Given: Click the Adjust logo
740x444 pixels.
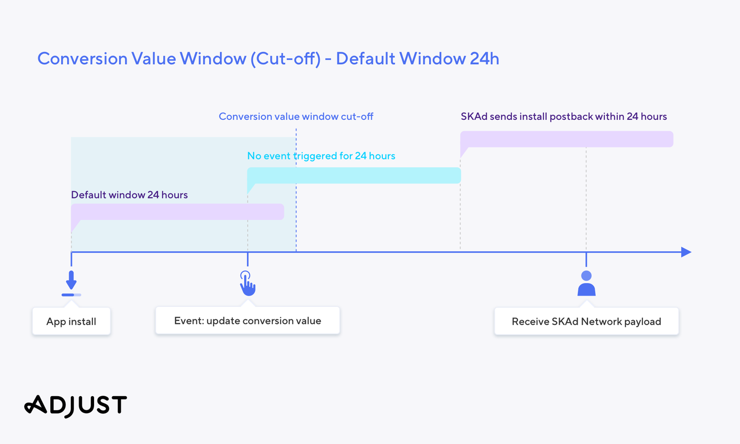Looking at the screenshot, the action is [x=76, y=405].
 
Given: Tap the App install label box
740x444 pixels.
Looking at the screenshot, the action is [x=71, y=321].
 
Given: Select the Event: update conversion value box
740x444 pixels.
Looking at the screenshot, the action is [x=248, y=321].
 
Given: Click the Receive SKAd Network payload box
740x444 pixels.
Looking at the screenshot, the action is [x=586, y=321].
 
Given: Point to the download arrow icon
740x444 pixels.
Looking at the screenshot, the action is [x=71, y=284].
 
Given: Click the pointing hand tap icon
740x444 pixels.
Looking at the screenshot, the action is [x=248, y=284].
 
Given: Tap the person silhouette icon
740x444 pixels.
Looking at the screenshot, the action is [x=586, y=284].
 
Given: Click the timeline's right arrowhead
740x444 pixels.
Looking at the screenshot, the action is [x=686, y=252].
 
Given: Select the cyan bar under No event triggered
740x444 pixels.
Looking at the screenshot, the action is [x=354, y=175].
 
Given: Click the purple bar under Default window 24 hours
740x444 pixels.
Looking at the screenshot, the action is [x=177, y=212].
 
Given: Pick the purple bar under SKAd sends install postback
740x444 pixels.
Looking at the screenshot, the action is [x=566, y=139].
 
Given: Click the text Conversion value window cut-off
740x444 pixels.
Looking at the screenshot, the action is [x=296, y=116].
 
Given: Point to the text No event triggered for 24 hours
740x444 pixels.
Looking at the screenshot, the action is [x=321, y=156].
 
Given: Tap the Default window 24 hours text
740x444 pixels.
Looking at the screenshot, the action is [x=129, y=195].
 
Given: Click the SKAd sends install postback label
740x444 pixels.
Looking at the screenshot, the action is [x=564, y=116].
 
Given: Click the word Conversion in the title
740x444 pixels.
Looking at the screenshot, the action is [x=82, y=59].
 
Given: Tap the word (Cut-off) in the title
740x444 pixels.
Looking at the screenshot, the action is [x=285, y=59].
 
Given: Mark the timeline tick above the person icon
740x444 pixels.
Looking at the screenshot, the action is [x=586, y=260].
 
